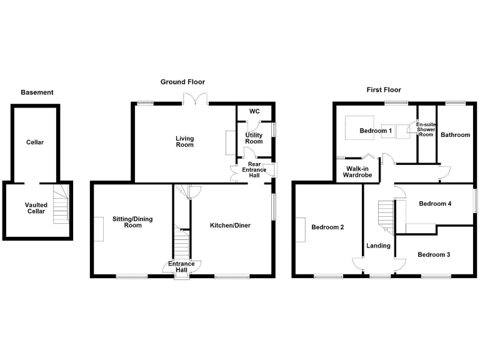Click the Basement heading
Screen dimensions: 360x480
tap(37, 92)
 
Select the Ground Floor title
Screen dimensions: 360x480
tap(182, 82)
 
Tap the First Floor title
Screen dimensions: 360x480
tap(383, 90)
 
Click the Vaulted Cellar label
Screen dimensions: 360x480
tap(36, 208)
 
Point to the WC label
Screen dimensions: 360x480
tap(254, 111)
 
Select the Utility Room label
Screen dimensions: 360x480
tap(254, 138)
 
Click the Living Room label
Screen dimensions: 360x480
tap(184, 142)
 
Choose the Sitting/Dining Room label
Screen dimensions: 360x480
tap(132, 222)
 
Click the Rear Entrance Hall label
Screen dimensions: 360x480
tap(254, 170)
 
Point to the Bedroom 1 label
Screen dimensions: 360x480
tap(376, 131)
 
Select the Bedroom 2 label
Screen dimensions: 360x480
tap(328, 227)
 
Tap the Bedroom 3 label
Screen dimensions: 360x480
tap(434, 254)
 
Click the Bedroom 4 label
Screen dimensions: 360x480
tap(435, 204)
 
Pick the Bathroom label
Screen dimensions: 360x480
tap(455, 134)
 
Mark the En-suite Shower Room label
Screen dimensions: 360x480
tap(426, 129)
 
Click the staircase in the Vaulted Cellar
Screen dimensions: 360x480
tap(60, 203)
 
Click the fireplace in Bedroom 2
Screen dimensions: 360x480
tap(302, 228)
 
